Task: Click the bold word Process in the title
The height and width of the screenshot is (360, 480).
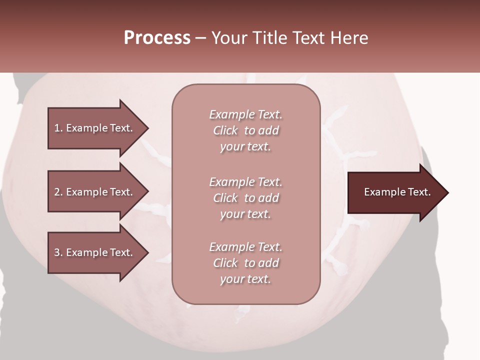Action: (x=157, y=38)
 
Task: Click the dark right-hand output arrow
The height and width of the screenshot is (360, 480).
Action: (x=395, y=192)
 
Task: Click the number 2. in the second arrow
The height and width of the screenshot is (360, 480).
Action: (x=58, y=192)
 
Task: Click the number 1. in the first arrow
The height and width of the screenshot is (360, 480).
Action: (x=58, y=128)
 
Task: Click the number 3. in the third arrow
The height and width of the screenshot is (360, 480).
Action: (x=58, y=252)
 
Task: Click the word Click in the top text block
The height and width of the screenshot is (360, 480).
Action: (x=225, y=130)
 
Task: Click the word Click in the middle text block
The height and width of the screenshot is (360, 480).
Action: (x=225, y=198)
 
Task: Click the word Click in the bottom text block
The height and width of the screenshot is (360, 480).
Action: (x=225, y=263)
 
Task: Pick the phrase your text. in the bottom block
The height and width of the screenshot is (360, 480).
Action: (x=245, y=279)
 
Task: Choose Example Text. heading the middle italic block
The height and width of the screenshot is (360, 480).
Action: (x=245, y=182)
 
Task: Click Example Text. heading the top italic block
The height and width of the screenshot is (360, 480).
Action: (x=245, y=114)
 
